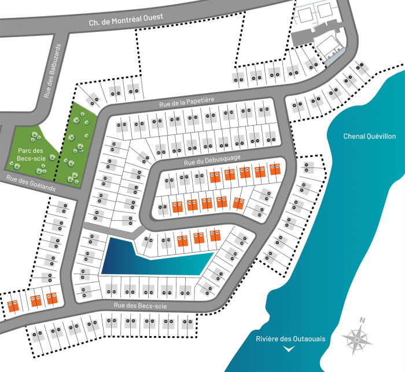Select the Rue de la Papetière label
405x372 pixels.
(x=187, y=103)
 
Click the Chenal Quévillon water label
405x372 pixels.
(x=370, y=136)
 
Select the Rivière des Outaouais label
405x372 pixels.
(x=289, y=339)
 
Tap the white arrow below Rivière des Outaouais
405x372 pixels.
(x=289, y=349)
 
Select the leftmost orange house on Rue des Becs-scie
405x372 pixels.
(x=13, y=305)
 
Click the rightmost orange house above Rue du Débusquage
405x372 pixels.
(x=274, y=169)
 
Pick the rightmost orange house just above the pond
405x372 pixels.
(x=215, y=235)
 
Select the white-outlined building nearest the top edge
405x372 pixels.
(x=325, y=9)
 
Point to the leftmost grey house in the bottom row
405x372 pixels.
(x=38, y=334)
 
